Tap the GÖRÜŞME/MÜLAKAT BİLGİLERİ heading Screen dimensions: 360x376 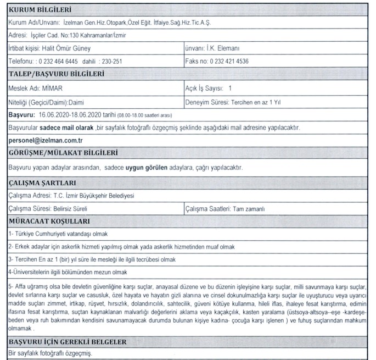click(64, 153)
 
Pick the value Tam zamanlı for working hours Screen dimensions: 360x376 click(250, 209)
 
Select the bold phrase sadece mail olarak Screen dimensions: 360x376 click(67, 128)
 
